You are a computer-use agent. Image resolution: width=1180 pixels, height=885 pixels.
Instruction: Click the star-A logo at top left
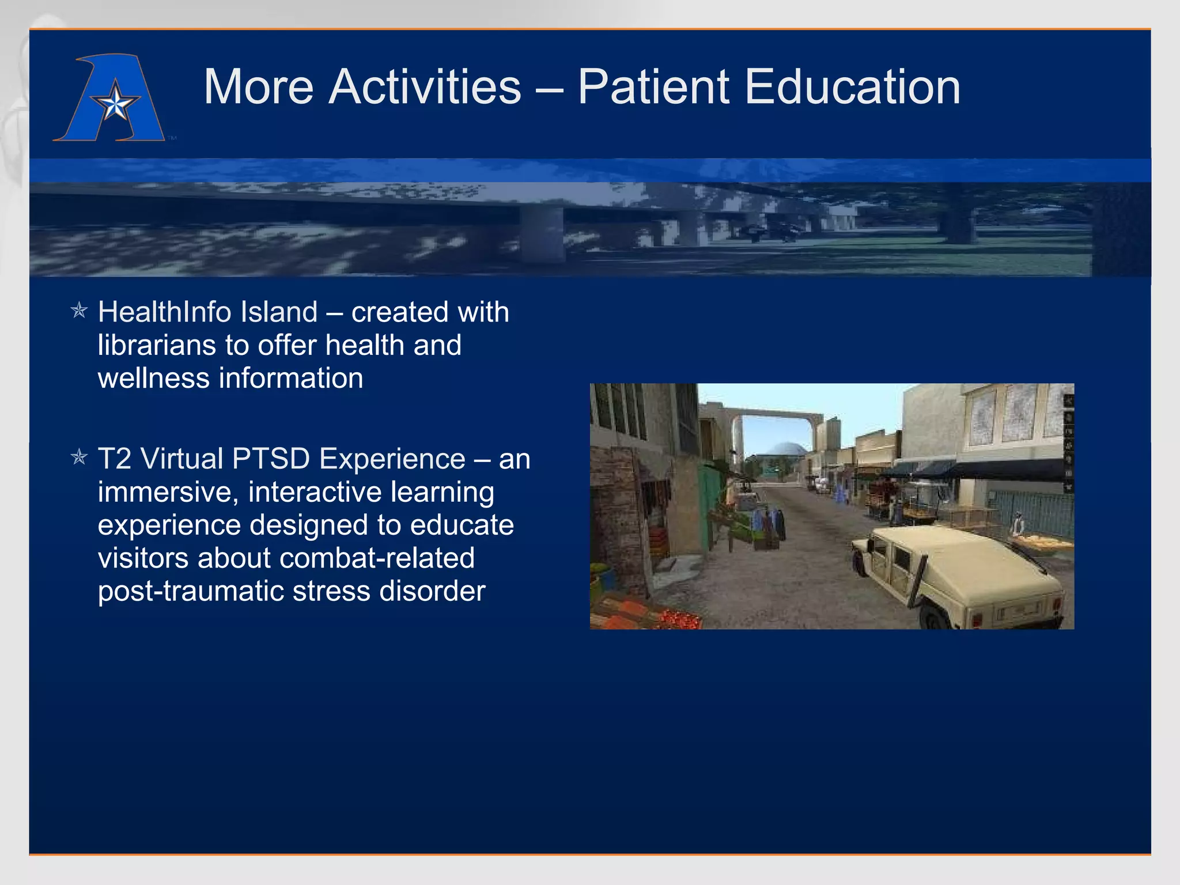(109, 98)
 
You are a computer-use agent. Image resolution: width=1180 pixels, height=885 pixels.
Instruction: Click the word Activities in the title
(425, 88)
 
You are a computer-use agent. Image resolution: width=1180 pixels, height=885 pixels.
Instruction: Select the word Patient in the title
(653, 88)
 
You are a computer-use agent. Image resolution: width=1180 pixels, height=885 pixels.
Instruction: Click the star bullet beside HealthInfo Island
(79, 311)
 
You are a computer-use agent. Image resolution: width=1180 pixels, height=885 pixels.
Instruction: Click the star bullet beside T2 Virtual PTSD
(79, 458)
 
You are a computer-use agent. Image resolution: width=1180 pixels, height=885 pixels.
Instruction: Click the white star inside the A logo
(116, 104)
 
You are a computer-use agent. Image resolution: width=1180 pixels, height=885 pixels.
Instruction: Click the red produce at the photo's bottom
(680, 621)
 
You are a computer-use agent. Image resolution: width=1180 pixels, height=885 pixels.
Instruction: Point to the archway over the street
(778, 413)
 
